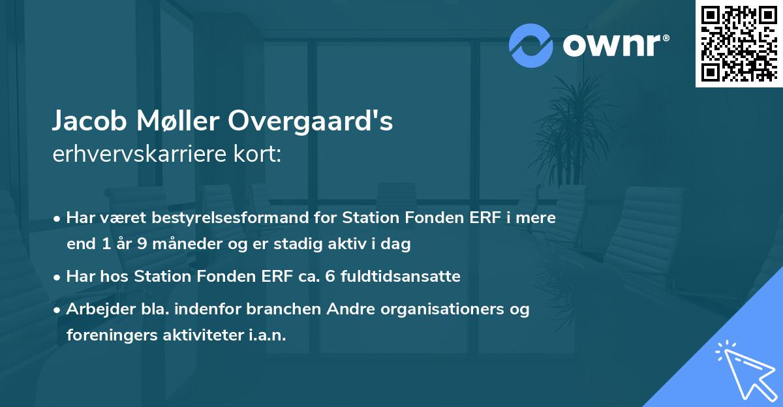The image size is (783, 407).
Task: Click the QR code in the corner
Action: pos(739,43)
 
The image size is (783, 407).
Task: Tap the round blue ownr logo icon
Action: pos(530,45)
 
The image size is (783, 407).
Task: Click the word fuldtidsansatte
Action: pos(397,277)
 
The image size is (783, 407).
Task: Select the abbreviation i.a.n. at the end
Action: pos(267,335)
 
